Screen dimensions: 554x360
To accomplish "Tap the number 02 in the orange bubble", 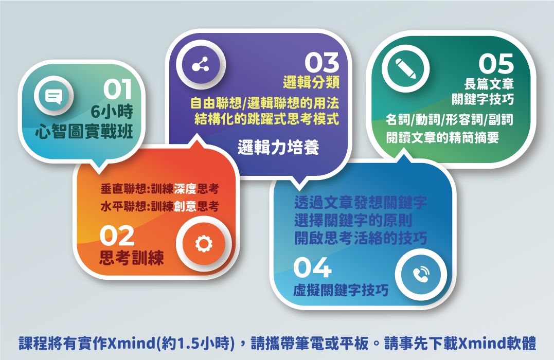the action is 117,236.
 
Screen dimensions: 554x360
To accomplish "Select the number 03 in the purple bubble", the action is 322,63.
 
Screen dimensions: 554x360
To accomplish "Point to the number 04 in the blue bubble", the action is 312,267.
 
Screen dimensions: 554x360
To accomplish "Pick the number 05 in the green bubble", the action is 496,64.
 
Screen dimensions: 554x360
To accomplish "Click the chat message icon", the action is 53,96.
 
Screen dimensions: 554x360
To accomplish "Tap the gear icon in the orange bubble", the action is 204,244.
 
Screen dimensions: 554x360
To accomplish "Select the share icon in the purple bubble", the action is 200,65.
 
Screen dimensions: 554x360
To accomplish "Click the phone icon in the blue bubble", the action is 421,275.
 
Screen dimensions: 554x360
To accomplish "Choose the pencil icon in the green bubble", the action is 405,68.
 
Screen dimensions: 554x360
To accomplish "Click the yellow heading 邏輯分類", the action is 311,82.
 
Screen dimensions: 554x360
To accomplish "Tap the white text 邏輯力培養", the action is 278,147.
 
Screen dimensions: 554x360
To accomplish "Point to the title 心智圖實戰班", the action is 84,132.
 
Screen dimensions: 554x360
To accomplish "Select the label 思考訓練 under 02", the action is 132,258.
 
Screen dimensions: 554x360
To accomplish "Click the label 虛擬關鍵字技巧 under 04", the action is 341,291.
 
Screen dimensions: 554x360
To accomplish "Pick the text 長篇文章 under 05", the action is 489,84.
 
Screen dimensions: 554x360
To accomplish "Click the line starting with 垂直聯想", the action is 159,189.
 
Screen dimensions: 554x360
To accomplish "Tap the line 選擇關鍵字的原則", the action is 353,221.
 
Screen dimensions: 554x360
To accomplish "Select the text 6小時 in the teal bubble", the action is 112,112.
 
